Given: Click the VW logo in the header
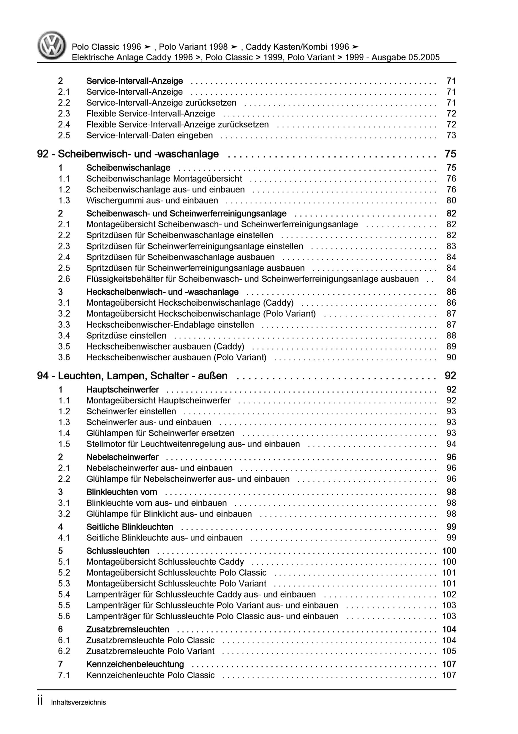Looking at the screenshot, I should click(x=52, y=45).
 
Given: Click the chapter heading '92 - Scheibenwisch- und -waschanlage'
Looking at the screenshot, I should click(x=128, y=154).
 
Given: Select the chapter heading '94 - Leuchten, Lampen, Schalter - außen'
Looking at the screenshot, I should click(x=132, y=376).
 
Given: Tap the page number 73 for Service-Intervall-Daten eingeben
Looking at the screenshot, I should click(x=451, y=136).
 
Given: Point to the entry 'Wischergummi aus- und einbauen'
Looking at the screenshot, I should click(x=152, y=201).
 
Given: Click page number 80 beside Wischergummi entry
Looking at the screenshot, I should click(x=451, y=201).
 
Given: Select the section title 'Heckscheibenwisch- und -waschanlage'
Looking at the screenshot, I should click(x=162, y=292).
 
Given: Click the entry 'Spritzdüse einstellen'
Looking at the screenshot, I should click(x=126, y=336).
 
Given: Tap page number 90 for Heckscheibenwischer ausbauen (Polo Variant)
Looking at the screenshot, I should click(x=451, y=358).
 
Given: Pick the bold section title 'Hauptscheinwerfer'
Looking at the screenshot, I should click(x=122, y=390).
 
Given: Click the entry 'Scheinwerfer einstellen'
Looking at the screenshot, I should click(x=131, y=411).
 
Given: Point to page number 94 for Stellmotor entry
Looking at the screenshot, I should click(x=451, y=444).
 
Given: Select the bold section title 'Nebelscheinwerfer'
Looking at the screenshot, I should click(x=122, y=457).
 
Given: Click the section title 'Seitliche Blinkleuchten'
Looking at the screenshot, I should click(x=130, y=527).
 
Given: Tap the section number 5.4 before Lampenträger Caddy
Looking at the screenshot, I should click(x=64, y=594).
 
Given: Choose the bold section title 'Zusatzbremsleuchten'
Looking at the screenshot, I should click(x=128, y=629).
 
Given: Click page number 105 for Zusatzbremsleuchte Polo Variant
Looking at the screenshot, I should click(x=449, y=651).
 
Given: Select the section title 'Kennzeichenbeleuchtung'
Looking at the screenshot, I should click(x=135, y=664).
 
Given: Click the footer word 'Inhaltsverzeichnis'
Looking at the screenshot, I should click(x=78, y=702).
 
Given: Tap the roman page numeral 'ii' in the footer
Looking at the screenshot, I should click(x=40, y=701).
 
